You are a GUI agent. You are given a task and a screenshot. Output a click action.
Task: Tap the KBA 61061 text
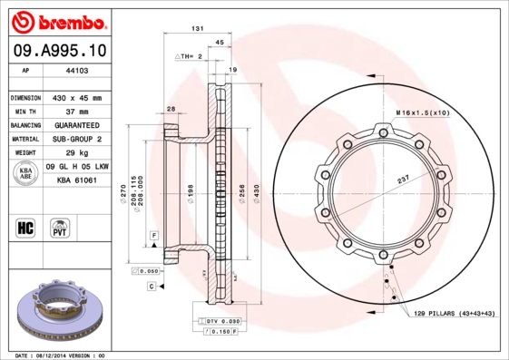tap(77, 181)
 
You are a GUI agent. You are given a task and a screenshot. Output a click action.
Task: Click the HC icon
tap(26, 226)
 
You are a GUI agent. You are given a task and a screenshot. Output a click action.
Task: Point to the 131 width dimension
tap(197, 30)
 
